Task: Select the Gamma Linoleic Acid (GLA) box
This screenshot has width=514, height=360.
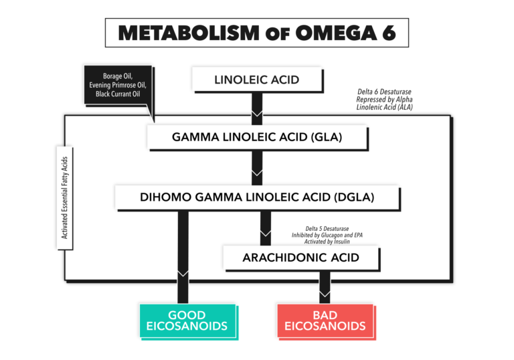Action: coord(257,138)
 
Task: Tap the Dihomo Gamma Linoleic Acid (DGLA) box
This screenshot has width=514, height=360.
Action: coord(257,197)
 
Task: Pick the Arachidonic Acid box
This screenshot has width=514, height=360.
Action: coord(301,257)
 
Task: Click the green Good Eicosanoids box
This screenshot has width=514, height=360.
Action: coord(187,321)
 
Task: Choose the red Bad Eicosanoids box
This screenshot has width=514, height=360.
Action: coord(325,321)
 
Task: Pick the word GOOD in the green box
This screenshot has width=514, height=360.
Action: coord(187,314)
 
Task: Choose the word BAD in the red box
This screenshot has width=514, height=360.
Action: coord(325,314)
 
